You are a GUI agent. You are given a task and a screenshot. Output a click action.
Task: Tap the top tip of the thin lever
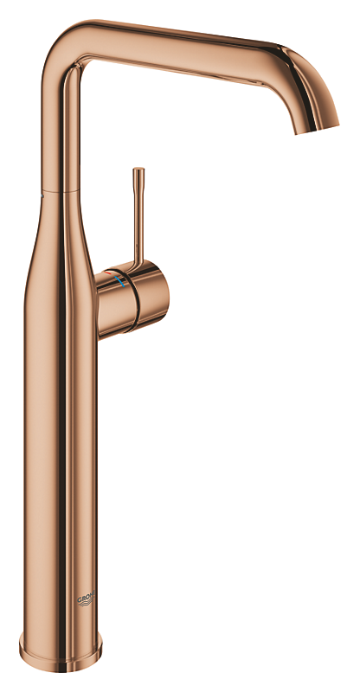[x=138, y=171]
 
